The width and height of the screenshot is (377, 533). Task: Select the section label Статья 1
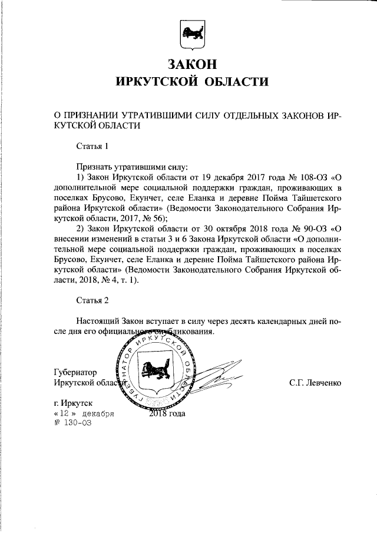(92, 145)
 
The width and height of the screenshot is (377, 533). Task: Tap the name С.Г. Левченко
(315, 383)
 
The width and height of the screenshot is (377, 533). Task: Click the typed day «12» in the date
(62, 413)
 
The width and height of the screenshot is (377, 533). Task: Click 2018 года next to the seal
(168, 413)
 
